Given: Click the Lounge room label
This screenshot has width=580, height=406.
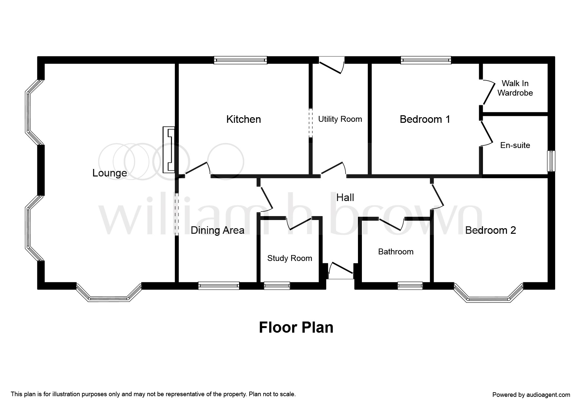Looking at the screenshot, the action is (109, 173).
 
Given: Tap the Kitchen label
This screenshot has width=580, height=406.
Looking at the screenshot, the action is (244, 119).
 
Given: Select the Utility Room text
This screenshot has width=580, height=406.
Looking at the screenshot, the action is (340, 119).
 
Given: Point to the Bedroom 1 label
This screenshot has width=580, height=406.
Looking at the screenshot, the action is (425, 119).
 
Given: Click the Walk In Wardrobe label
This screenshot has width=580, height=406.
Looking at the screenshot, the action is (515, 88).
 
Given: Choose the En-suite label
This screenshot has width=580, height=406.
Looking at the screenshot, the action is (515, 145).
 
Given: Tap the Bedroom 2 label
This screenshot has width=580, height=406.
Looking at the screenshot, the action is (490, 230).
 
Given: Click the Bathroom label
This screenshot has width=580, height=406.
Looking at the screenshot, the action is (396, 251).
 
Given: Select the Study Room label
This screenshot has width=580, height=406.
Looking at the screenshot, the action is (290, 258).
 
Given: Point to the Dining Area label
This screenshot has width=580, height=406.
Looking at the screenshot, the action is (217, 230).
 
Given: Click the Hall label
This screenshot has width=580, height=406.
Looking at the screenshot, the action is (345, 197).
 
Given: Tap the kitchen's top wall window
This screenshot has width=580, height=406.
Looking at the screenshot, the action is (240, 60).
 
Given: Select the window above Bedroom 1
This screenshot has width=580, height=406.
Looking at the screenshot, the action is (426, 60).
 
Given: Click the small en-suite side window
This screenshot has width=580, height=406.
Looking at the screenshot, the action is (552, 161).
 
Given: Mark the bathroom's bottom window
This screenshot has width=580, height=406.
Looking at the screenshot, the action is (410, 286).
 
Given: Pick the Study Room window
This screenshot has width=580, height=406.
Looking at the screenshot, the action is (277, 286).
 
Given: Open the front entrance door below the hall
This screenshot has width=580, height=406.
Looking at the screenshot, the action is (341, 270).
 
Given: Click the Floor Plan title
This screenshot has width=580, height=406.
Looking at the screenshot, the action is (296, 327).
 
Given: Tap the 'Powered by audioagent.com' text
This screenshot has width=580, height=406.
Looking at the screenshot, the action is (531, 395).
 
